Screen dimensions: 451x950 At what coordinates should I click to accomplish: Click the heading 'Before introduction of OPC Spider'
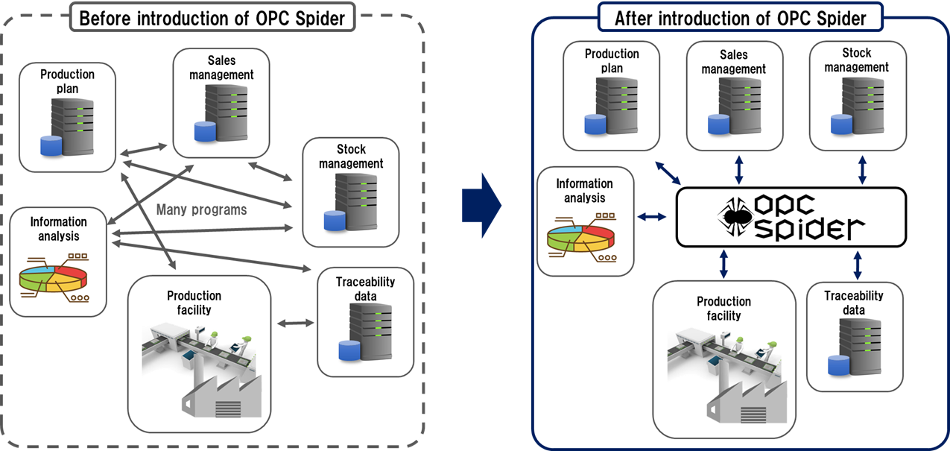212,19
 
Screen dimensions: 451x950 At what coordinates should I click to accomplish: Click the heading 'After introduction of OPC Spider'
741,19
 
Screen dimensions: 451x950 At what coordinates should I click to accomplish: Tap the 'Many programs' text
201,209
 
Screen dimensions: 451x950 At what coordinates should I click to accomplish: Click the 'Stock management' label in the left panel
351,156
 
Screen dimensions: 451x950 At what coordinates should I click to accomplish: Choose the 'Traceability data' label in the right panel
854,303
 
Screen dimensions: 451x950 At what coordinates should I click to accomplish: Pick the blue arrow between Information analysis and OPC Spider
653,217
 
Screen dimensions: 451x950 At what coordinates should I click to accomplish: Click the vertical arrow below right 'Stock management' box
862,170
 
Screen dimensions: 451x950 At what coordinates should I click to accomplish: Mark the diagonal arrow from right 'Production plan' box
668,172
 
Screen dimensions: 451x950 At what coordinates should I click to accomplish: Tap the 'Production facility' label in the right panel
723,309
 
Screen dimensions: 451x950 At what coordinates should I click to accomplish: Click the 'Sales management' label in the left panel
221,67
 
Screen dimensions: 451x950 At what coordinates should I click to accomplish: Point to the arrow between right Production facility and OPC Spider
723,263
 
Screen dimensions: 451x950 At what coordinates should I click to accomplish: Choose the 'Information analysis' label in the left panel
59,229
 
